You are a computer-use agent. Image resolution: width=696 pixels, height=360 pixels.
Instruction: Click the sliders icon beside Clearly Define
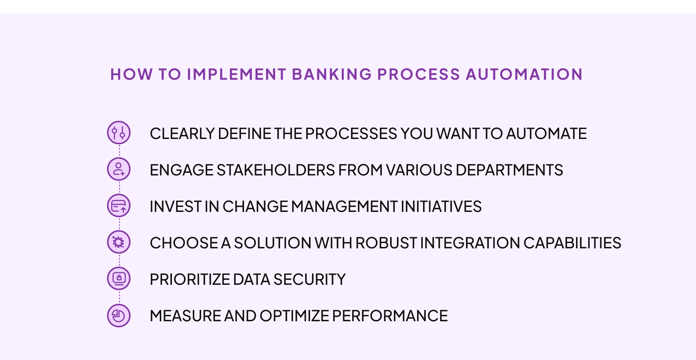tap(119, 133)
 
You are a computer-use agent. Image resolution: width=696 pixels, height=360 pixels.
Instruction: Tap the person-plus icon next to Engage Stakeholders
tap(119, 169)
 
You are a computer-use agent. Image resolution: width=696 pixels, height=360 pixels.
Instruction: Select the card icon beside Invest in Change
tap(119, 205)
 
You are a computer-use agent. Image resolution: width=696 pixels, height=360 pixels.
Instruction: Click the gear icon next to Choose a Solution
tap(119, 242)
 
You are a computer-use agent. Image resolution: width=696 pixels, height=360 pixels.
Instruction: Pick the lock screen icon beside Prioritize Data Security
tap(119, 278)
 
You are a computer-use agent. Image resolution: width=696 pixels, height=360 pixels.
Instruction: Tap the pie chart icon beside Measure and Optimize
tap(119, 315)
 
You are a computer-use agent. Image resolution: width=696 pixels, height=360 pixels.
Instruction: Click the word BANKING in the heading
tap(332, 74)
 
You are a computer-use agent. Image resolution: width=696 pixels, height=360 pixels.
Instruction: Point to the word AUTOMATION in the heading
tap(524, 74)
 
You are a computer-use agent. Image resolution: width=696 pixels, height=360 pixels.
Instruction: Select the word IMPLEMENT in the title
tap(236, 74)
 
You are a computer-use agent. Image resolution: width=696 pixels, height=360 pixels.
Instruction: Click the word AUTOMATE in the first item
tap(546, 134)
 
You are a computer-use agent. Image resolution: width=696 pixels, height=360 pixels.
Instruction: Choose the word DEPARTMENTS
tap(509, 170)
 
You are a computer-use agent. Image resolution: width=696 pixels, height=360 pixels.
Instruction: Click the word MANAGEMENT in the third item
tap(344, 207)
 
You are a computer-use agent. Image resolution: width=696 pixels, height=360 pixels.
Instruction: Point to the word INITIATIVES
tap(441, 207)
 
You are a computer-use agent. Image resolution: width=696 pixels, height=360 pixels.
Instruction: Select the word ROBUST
tap(386, 243)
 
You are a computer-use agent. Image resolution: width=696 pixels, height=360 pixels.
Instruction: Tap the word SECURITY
tap(309, 279)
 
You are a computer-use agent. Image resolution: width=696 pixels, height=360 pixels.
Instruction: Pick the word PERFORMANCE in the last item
tap(390, 316)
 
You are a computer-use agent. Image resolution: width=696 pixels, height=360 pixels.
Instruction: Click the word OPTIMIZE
tap(294, 316)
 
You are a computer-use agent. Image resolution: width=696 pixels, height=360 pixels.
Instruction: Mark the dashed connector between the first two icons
tap(119, 151)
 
